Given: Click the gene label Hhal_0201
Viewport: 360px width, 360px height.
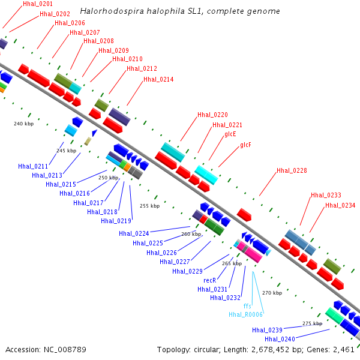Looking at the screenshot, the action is click(x=38, y=4).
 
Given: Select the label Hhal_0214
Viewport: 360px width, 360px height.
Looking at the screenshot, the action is click(x=158, y=79).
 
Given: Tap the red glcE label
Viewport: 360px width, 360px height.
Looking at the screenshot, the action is click(x=230, y=134).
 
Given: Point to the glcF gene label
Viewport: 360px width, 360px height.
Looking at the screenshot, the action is click(x=245, y=145).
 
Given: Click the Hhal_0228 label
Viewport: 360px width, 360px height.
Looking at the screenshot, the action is click(x=292, y=170).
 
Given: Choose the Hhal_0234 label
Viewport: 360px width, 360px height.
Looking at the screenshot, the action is click(x=340, y=205).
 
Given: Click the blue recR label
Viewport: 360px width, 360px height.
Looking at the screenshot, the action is click(x=210, y=280).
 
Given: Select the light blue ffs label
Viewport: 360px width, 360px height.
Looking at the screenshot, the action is click(x=247, y=306).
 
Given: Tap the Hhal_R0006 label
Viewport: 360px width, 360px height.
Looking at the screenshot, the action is click(x=245, y=314).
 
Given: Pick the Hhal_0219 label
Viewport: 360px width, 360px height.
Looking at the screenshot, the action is click(x=116, y=221).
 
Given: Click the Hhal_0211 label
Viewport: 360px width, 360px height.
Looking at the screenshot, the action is click(x=33, y=166).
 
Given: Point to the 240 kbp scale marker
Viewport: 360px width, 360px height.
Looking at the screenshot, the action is click(x=23, y=124).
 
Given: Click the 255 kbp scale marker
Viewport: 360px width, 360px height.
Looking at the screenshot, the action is click(x=149, y=206).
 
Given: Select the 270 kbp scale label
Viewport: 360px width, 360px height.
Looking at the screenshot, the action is click(x=272, y=293).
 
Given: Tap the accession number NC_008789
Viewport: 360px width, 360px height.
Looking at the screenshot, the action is click(x=65, y=350).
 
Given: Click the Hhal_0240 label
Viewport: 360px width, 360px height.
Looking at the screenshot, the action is click(x=280, y=339).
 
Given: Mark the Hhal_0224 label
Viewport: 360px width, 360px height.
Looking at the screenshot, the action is click(x=134, y=234).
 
